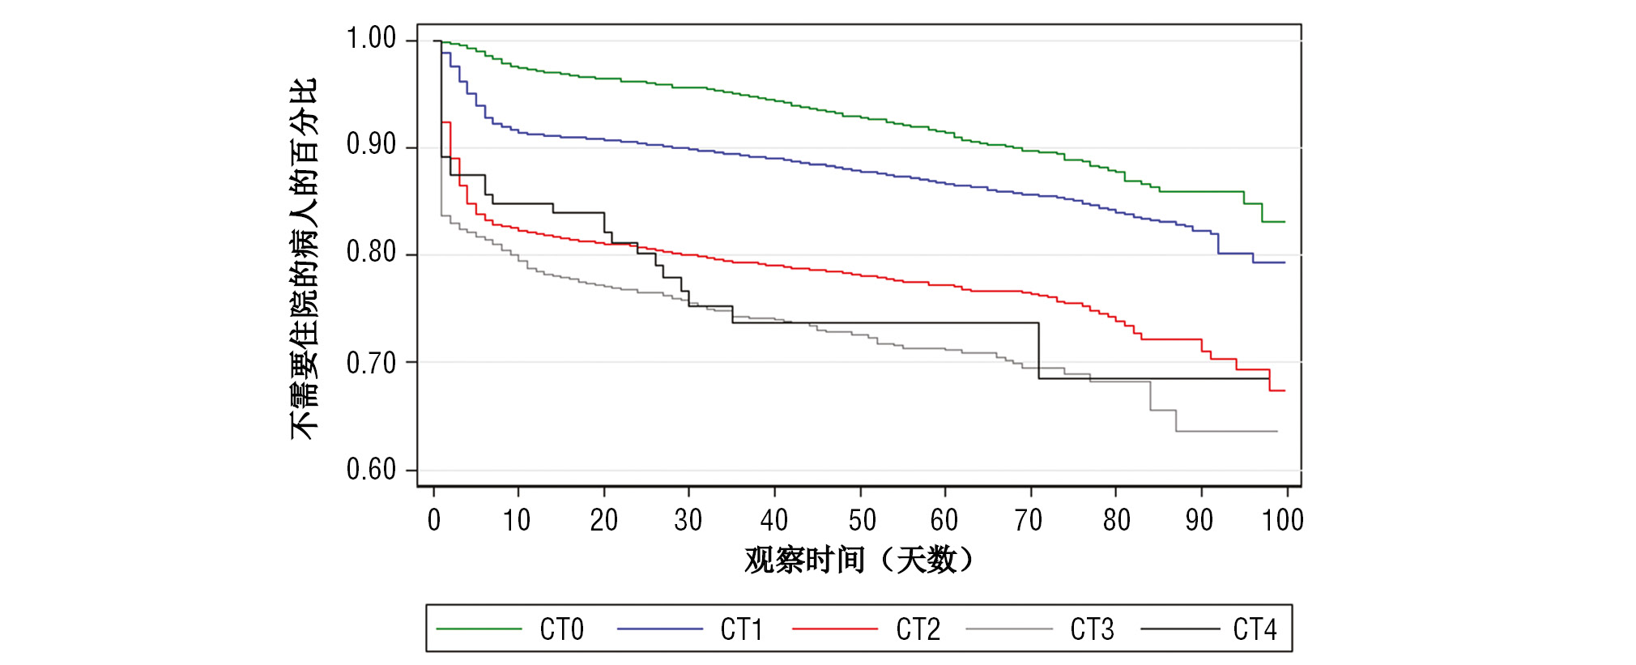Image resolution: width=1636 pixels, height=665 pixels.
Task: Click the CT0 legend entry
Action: tap(561, 629)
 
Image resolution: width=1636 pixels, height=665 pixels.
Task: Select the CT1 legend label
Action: tap(741, 629)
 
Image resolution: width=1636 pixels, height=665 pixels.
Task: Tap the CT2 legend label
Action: tap(918, 629)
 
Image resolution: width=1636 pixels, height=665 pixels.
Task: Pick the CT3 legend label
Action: tap(1092, 629)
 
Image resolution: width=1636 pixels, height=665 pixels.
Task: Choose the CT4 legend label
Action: tap(1255, 629)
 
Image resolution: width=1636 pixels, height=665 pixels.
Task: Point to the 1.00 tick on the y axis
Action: tap(371, 38)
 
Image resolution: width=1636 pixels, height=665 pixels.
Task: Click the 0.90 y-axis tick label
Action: tap(371, 145)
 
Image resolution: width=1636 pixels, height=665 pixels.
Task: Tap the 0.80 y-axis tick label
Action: tap(371, 253)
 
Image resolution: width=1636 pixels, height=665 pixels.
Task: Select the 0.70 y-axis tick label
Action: tap(371, 363)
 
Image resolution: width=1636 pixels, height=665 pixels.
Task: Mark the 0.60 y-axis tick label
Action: tap(371, 470)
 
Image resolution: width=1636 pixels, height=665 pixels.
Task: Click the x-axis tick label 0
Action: tap(434, 520)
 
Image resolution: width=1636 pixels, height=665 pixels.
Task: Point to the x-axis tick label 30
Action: tap(688, 520)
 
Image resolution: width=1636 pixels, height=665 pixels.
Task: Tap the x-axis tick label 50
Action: tap(862, 520)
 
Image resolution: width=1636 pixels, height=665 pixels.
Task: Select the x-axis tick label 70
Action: tap(1029, 520)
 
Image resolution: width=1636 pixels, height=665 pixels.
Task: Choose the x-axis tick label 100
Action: tap(1282, 520)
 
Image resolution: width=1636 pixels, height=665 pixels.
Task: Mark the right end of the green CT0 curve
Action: tap(1285, 221)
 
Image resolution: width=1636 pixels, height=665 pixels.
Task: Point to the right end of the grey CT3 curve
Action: tap(1276, 431)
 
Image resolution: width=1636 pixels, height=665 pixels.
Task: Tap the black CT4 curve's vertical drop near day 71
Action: tap(1038, 351)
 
